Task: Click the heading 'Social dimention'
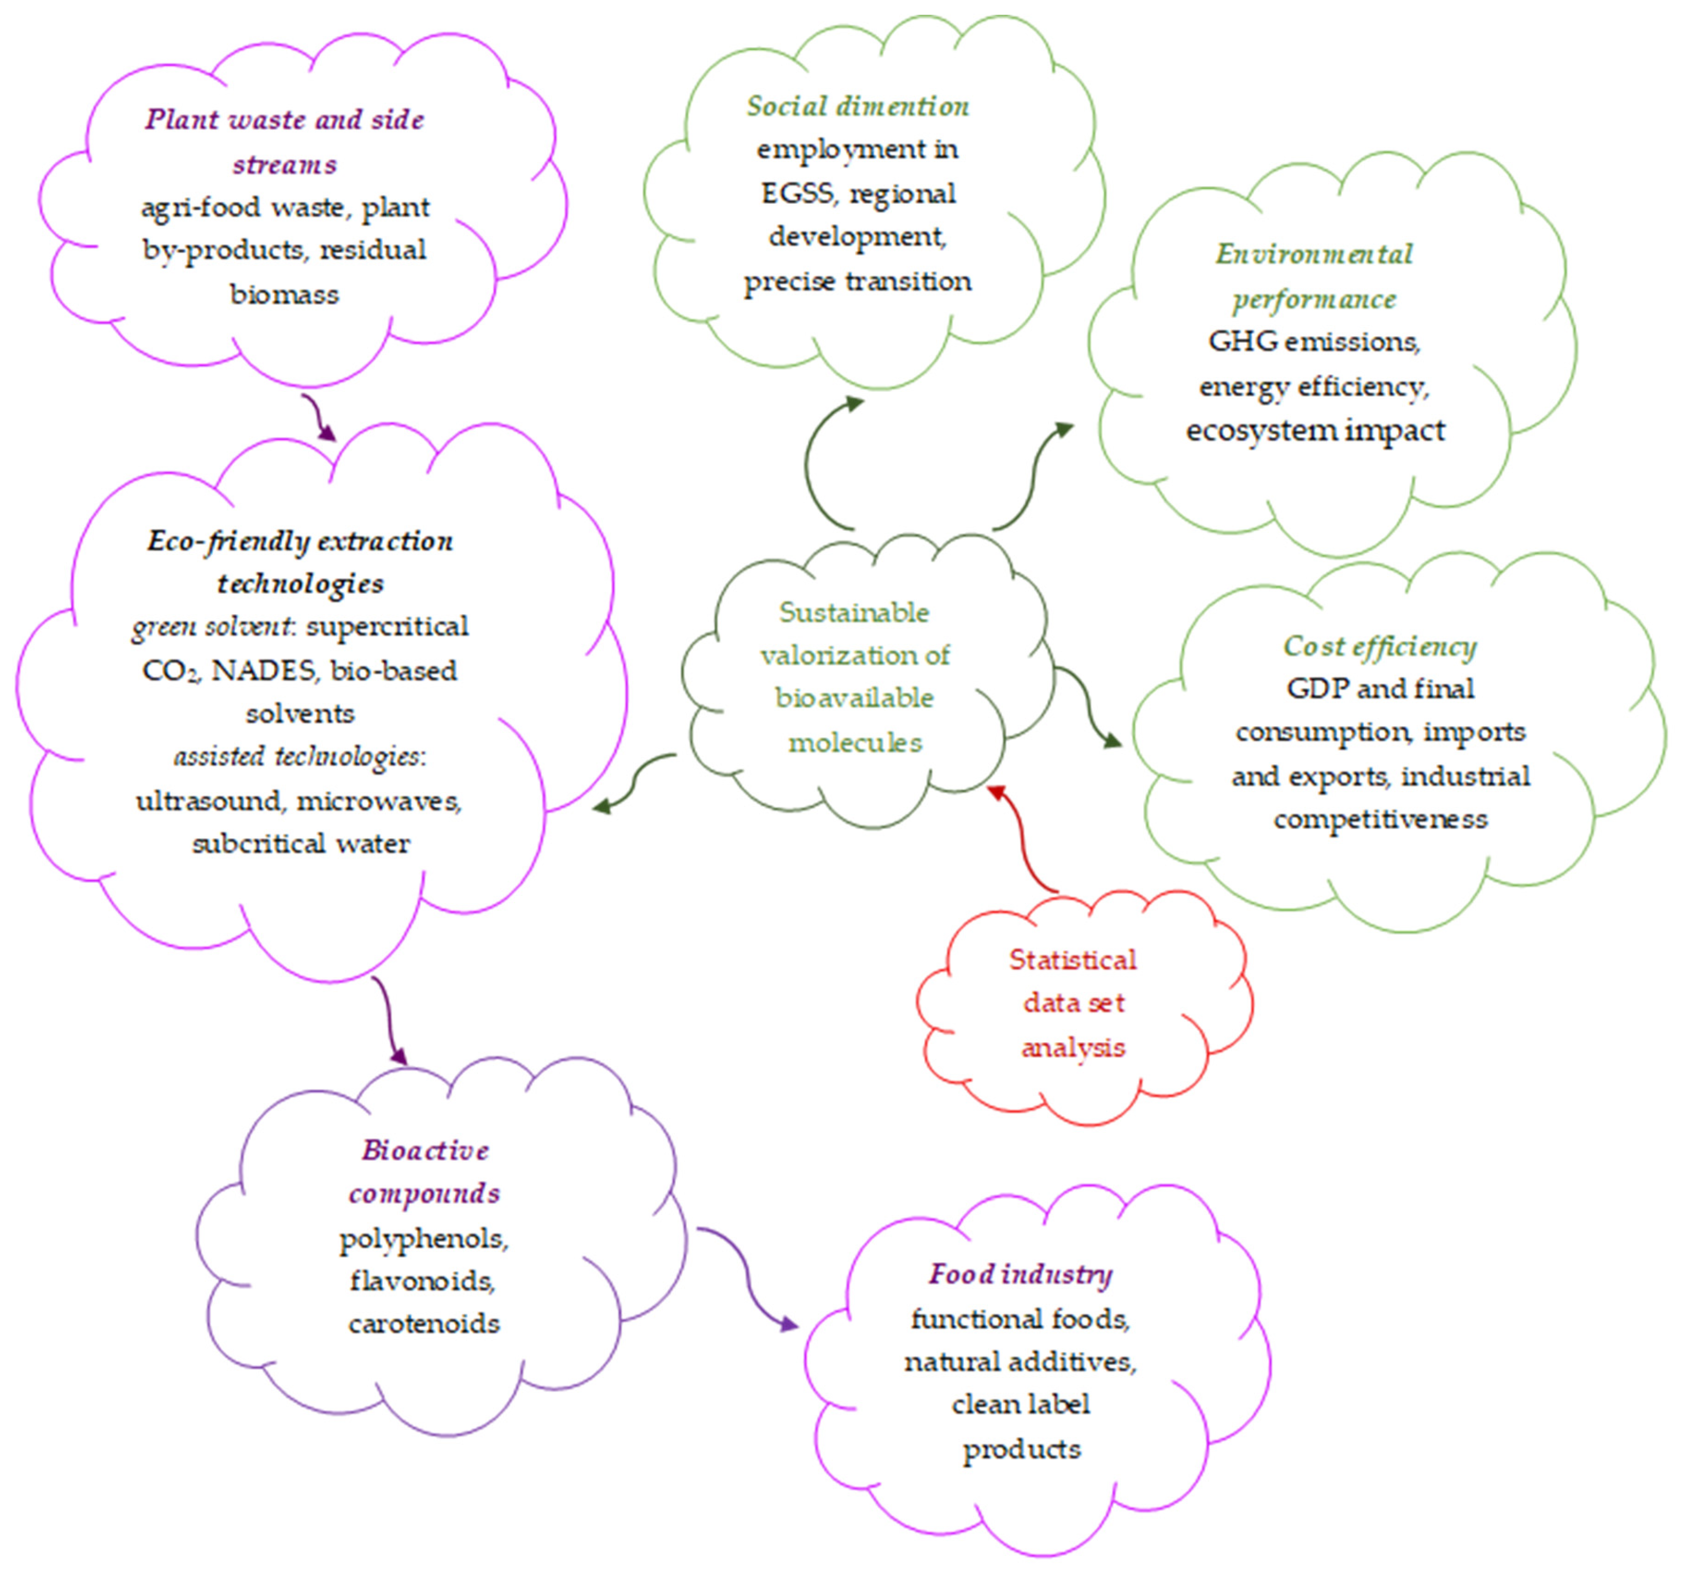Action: coord(857,106)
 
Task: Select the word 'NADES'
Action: coord(263,670)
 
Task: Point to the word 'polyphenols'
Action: coord(423,1240)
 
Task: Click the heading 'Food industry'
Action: coord(1020,1274)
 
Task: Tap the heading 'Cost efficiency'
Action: coord(1380,646)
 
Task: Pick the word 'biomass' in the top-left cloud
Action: coord(284,294)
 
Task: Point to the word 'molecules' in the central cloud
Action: coord(855,743)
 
